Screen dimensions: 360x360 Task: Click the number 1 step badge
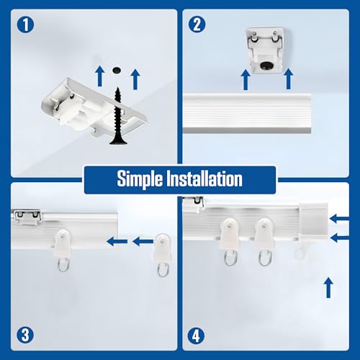24,24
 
